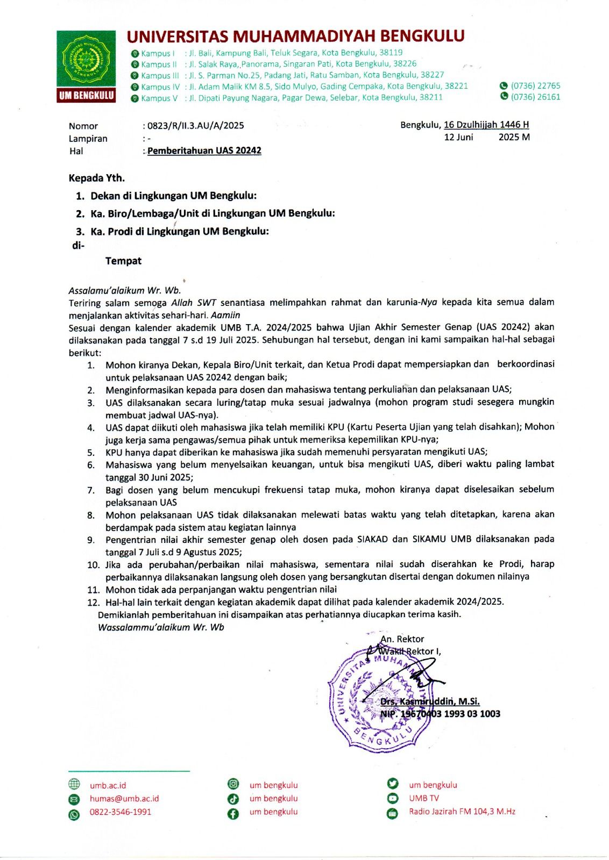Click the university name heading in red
click(x=295, y=36)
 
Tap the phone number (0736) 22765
click(x=535, y=86)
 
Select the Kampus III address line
click(x=293, y=75)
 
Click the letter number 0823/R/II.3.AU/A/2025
click(x=195, y=126)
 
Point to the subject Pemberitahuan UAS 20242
click(x=204, y=150)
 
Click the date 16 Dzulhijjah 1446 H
click(x=486, y=125)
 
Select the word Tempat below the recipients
click(x=123, y=261)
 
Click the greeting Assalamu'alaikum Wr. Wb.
click(x=125, y=290)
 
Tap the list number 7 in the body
click(x=91, y=490)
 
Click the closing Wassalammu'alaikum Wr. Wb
click(x=161, y=627)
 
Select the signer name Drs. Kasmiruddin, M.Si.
click(x=430, y=701)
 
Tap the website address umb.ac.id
click(x=108, y=785)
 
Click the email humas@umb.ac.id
click(x=124, y=799)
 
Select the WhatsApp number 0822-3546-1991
click(x=121, y=812)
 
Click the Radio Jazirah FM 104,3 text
click(x=462, y=812)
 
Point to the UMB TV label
click(x=424, y=798)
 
